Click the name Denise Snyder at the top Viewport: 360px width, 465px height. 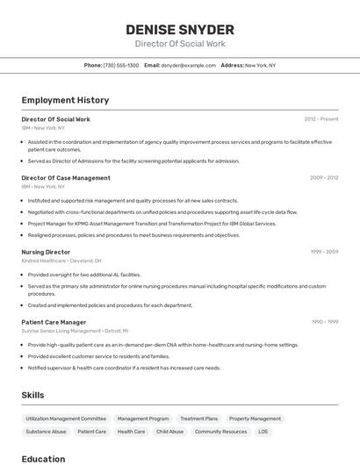point(180,30)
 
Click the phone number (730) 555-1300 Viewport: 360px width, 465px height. point(121,65)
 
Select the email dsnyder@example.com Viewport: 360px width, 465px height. point(188,65)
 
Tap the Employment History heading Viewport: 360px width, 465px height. point(65,100)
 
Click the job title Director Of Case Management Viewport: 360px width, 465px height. point(66,177)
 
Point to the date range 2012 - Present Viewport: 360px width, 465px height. point(320,118)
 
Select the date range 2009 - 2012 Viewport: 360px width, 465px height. point(323,177)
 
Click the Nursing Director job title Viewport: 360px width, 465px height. point(46,252)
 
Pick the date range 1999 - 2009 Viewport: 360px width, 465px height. point(324,252)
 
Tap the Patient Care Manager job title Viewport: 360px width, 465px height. point(54,322)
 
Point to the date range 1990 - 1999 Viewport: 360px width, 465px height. point(324,322)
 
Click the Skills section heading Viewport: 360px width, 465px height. point(32,395)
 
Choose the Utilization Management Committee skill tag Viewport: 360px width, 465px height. point(66,418)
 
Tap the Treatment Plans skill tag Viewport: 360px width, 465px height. point(198,418)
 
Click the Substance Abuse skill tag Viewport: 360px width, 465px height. point(46,432)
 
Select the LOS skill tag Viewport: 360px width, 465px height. point(263,432)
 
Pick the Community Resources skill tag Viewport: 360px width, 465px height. point(220,432)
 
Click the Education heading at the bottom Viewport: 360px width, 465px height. point(43,458)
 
